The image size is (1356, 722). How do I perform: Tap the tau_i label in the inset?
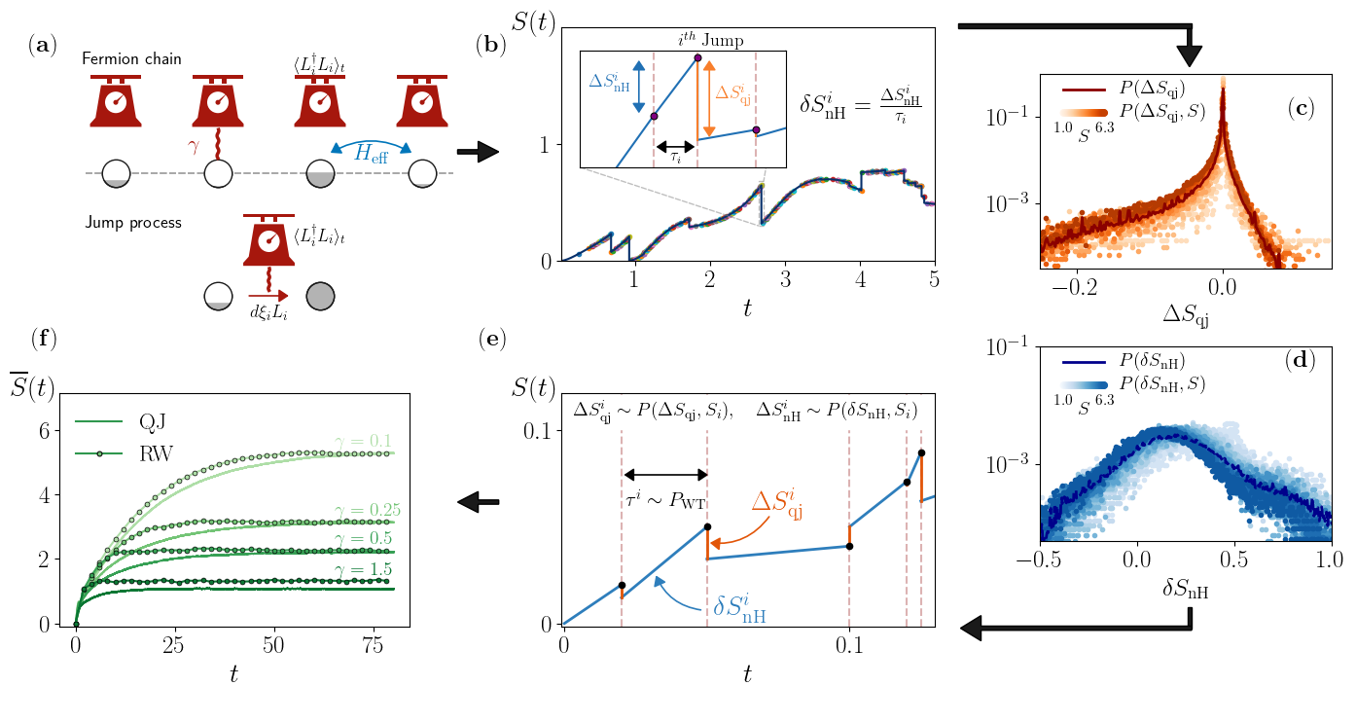pyautogui.click(x=675, y=157)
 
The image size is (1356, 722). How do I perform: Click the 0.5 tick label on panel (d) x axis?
pyautogui.click(x=1232, y=562)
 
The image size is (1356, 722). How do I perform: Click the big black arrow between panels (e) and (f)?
pyautogui.click(x=479, y=502)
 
